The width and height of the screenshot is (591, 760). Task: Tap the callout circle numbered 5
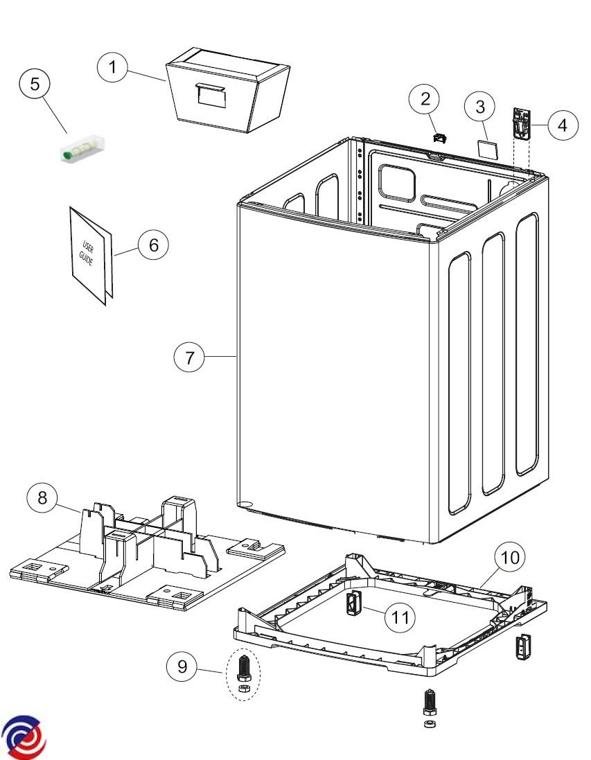click(x=35, y=85)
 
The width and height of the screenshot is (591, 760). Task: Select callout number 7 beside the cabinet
click(x=189, y=357)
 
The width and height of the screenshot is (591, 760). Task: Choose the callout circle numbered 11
click(x=400, y=617)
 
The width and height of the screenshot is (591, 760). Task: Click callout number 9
click(x=182, y=667)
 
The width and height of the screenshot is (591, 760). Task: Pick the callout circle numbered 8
click(x=43, y=499)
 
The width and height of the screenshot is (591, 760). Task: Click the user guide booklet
click(x=90, y=255)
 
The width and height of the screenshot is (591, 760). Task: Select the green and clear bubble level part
click(x=80, y=148)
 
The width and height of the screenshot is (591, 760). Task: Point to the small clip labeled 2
click(x=438, y=137)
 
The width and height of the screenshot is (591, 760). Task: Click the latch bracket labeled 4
click(x=520, y=124)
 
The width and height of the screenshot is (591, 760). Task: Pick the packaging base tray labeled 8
click(x=145, y=554)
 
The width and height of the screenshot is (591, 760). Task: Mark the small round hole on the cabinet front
click(x=242, y=504)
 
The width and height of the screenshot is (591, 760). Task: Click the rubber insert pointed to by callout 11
click(x=352, y=605)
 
